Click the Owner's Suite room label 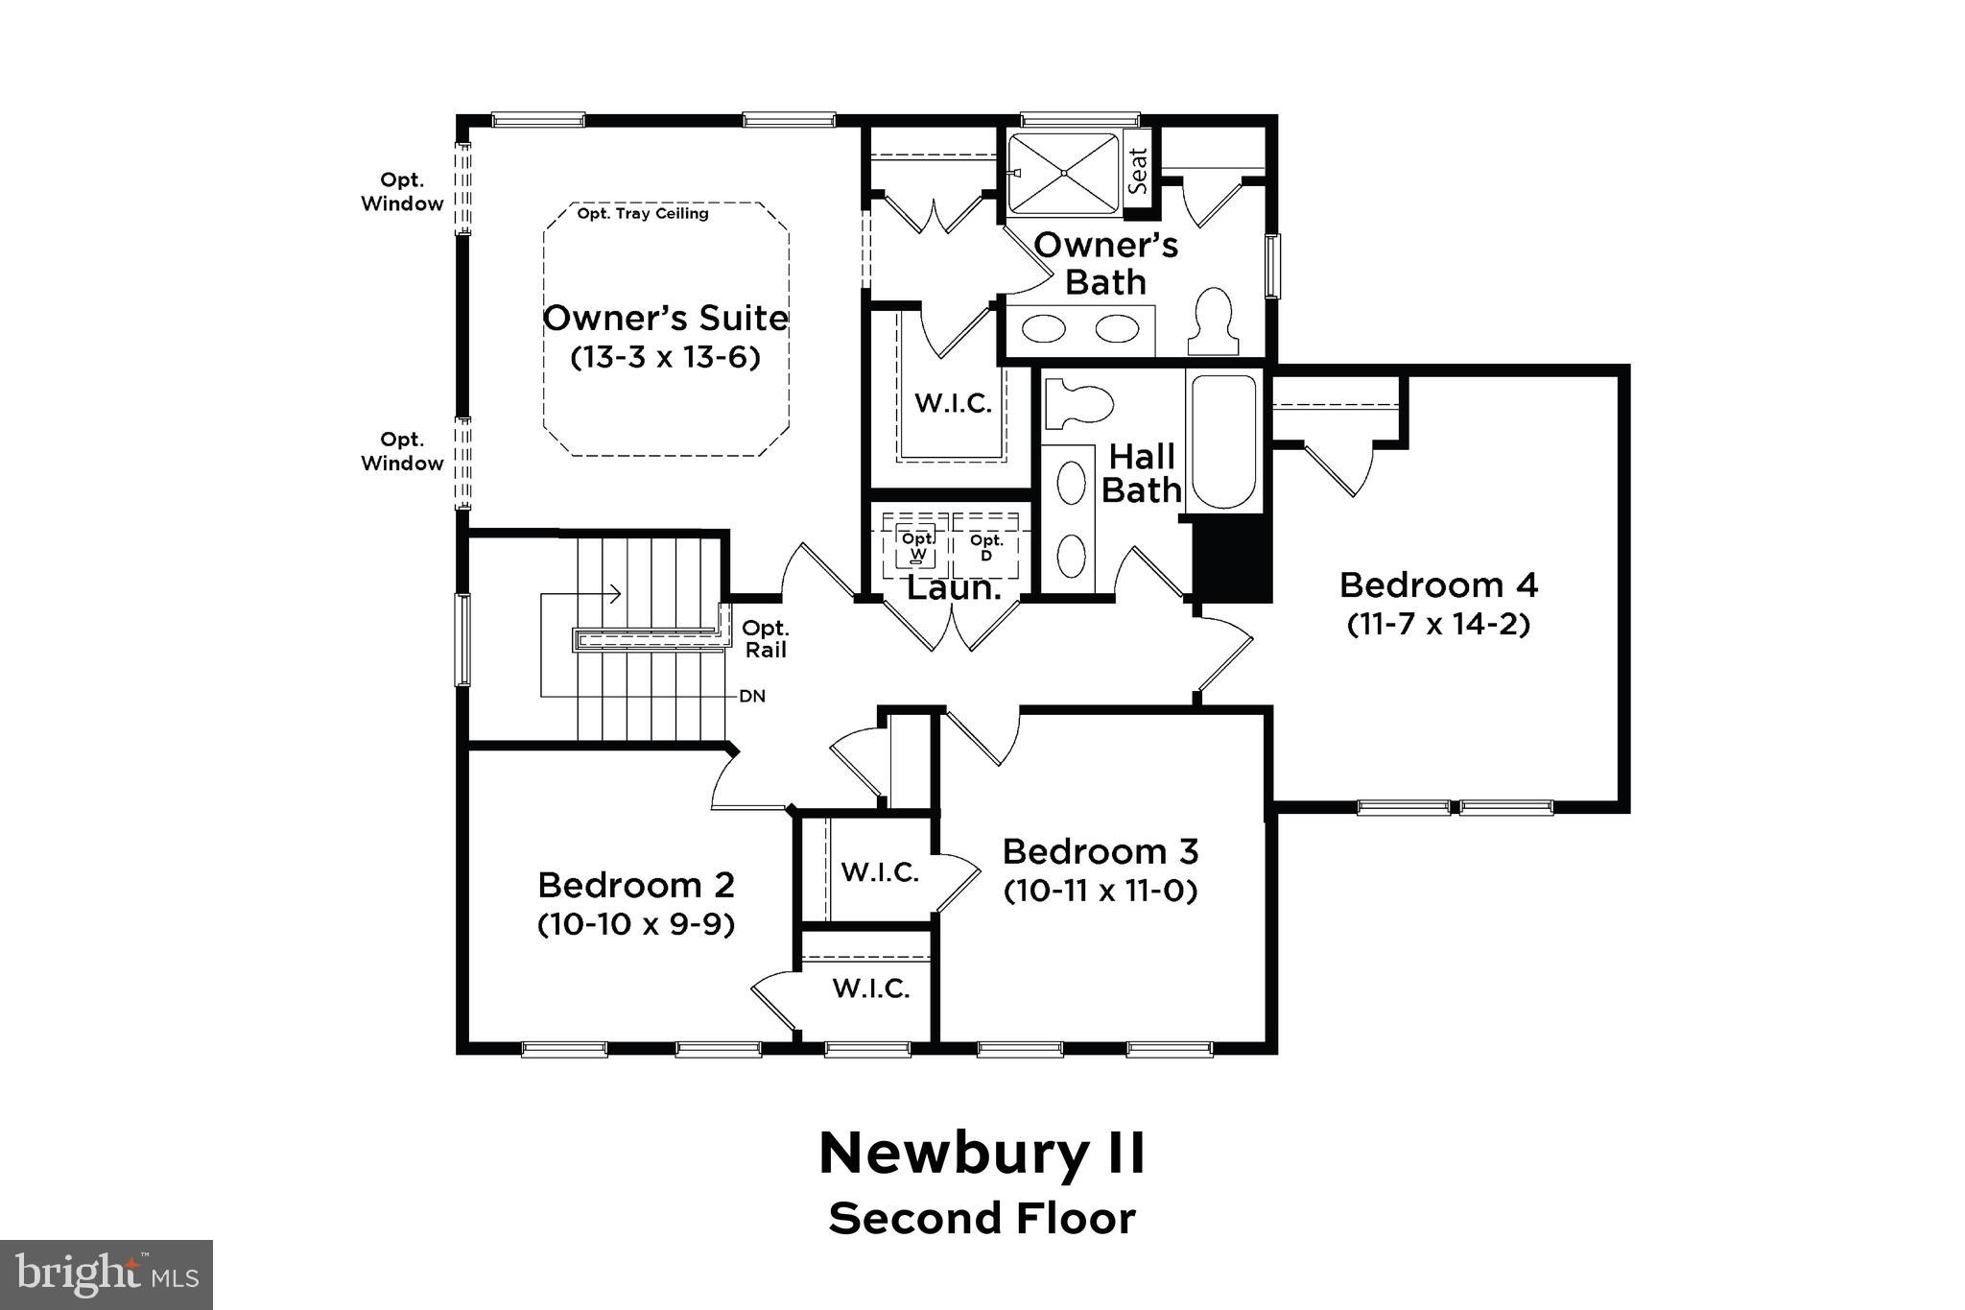coord(665,318)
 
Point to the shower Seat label coord(1138,171)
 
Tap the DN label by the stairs coord(752,696)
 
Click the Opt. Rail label coord(766,639)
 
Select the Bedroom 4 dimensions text coord(1437,625)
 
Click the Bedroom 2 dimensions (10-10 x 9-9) coord(636,924)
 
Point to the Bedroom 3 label coord(1101,851)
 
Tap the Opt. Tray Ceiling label coord(643,213)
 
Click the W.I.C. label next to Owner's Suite coord(953,403)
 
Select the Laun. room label coord(954,588)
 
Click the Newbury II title coord(982,1153)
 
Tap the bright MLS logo coord(107,1274)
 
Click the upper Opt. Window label coord(402,192)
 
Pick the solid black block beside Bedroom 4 coord(1233,557)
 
